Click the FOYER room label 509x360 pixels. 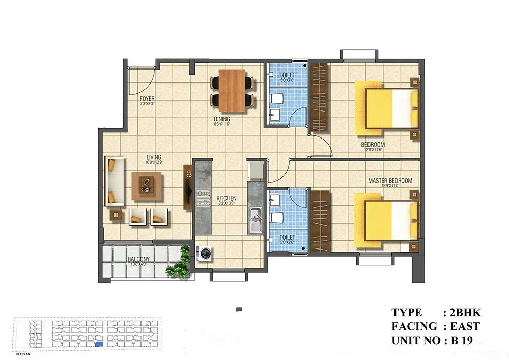tap(147, 99)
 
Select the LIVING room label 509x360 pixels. tap(154, 157)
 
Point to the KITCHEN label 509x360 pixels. tap(226, 198)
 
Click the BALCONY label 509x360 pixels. tap(139, 259)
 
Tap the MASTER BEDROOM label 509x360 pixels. tap(390, 181)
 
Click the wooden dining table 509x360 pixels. tap(232, 90)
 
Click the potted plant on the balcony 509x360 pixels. tap(179, 264)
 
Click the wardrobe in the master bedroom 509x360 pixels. tap(320, 221)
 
